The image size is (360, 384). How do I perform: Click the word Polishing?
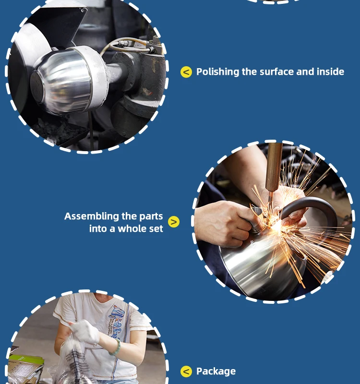217,72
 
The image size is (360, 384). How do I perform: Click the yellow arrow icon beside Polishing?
186,72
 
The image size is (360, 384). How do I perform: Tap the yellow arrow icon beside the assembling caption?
174,222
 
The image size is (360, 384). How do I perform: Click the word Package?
216,372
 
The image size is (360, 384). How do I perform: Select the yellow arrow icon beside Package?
186,372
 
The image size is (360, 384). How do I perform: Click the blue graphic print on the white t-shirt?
117,318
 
